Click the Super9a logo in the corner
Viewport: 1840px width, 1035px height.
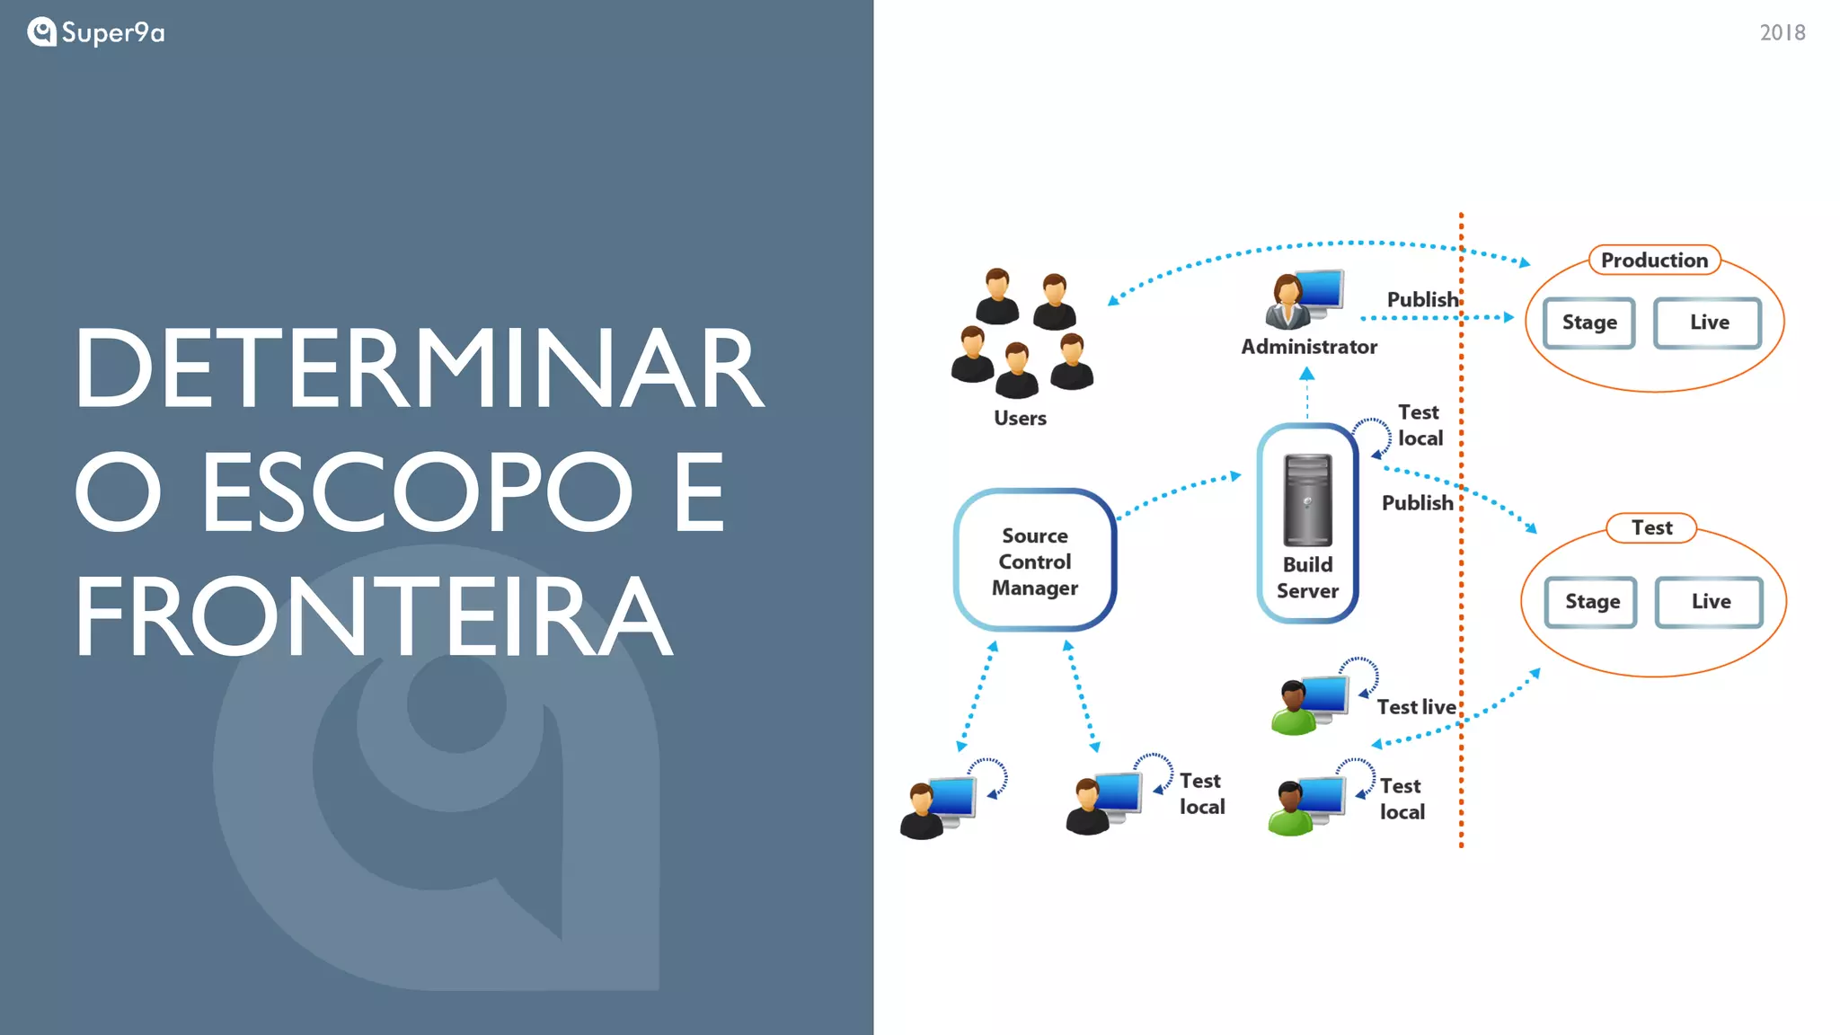coord(95,32)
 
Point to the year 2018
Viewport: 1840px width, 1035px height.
coord(1782,33)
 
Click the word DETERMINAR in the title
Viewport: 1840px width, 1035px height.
coord(419,368)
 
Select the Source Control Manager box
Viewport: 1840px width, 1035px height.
coord(1034,561)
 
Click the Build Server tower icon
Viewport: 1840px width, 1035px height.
coord(1307,500)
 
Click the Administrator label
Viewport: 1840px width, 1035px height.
coord(1308,347)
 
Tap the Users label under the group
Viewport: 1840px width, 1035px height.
coord(1020,418)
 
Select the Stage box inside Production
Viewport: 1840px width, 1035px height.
coord(1588,323)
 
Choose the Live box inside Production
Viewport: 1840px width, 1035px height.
coord(1708,323)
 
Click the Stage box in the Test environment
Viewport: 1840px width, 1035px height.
coord(1591,602)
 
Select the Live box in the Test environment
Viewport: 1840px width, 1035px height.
coord(1710,602)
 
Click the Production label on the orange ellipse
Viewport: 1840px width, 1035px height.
coord(1654,261)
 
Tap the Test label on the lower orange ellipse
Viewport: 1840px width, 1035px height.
coord(1651,528)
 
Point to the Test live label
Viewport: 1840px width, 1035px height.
coord(1416,707)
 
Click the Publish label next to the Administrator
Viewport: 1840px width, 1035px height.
coord(1422,299)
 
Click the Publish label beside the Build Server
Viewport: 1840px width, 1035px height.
coord(1417,503)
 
